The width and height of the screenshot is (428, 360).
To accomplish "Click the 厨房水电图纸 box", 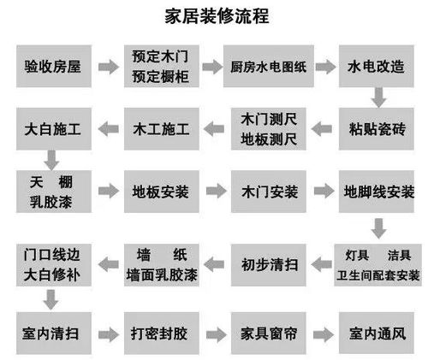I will point(271,66).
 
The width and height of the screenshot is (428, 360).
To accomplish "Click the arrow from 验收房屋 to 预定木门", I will point(107,66).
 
